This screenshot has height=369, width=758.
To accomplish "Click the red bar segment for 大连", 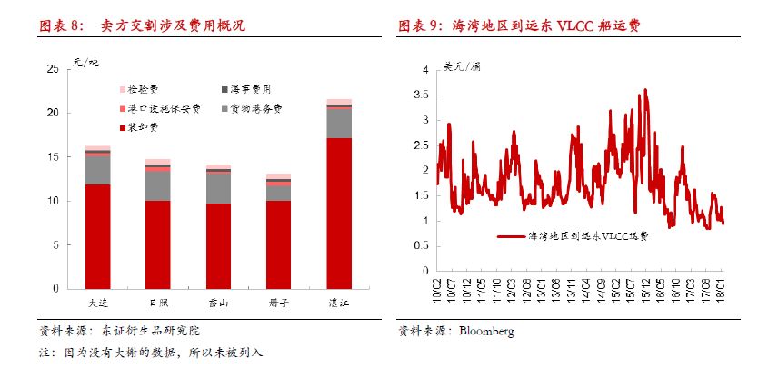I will pos(98,236).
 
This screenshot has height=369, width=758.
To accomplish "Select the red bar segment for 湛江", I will pos(338,213).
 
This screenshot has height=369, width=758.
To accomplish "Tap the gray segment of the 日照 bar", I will pos(158,185).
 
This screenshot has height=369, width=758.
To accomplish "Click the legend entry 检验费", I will pos(143,89).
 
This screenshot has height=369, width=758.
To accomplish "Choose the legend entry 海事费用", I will pos(249,89).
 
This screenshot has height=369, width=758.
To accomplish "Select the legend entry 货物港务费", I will pos(256,108).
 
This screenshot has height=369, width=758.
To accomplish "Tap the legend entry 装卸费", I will pos(139,126).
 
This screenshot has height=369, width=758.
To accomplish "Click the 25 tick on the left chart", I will pos(53,69).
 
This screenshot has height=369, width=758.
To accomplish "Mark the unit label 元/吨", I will pos(86,62).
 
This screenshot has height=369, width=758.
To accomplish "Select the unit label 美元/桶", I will pos(464,65).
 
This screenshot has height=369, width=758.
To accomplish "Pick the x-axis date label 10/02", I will pos(437,293).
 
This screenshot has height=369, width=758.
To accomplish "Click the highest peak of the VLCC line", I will pos(645,89).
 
